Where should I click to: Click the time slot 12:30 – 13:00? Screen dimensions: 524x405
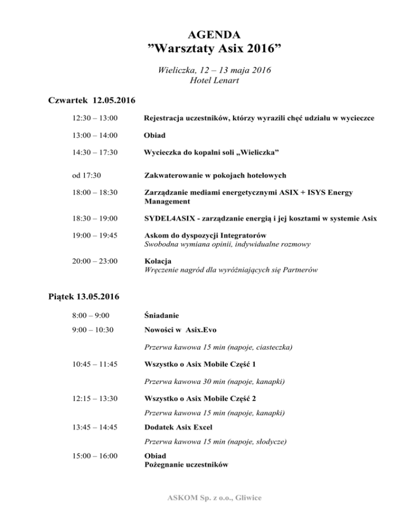(x=95, y=119)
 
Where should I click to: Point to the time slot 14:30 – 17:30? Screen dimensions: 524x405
(x=95, y=152)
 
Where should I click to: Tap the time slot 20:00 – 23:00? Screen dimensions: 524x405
(x=95, y=260)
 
